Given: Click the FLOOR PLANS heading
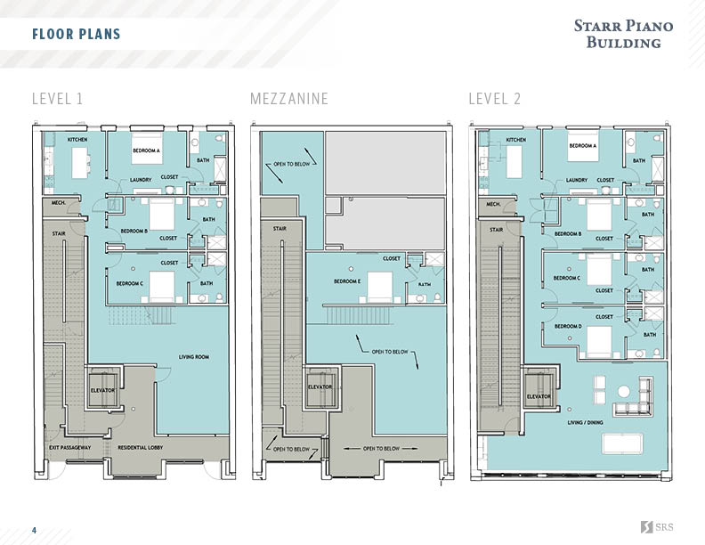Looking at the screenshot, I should click(76, 35).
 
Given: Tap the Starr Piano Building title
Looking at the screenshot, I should click(623, 34).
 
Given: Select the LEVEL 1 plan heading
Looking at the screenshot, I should click(57, 99).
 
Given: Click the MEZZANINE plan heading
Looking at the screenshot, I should click(289, 99).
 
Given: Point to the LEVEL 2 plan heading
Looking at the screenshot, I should click(495, 99).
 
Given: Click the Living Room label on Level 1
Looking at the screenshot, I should click(193, 357).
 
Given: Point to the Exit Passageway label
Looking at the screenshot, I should click(69, 446).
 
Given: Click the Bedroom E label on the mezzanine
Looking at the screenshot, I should click(347, 281).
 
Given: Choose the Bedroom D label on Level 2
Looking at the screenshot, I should click(568, 326).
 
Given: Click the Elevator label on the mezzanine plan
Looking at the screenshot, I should click(320, 386).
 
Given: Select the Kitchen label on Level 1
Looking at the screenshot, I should click(78, 140).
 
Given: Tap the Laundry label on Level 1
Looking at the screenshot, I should click(141, 179).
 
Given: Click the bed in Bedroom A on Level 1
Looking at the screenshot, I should click(147, 146).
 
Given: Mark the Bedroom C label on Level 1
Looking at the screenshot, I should click(130, 283).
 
